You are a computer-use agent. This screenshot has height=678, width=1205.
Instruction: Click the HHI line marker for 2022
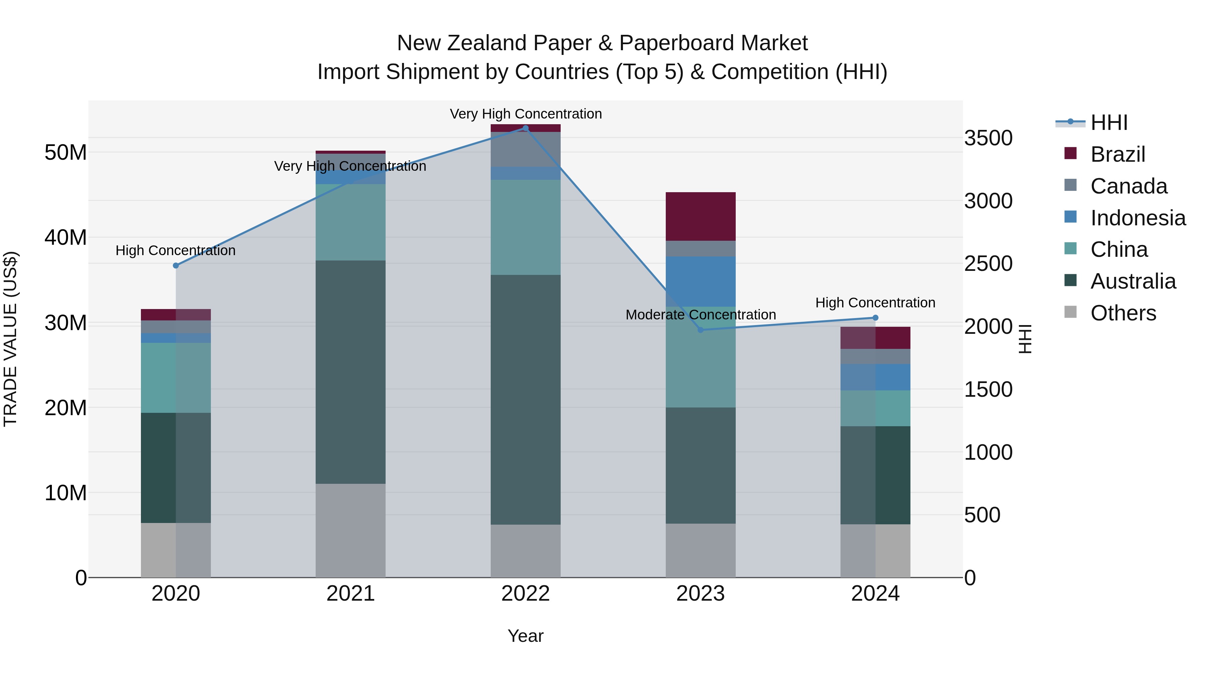[525, 128]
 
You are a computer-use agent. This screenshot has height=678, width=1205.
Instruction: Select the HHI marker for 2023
[700, 330]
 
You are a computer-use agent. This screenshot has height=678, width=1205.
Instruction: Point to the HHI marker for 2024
[875, 318]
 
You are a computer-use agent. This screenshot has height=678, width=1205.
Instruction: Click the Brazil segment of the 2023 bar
[700, 216]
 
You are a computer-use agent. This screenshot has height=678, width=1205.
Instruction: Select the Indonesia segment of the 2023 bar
[700, 281]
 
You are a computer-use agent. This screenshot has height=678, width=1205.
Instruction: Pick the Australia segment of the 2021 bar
[350, 372]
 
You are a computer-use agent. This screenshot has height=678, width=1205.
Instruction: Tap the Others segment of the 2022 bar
[525, 551]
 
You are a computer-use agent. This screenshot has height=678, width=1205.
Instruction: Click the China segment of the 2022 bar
[525, 227]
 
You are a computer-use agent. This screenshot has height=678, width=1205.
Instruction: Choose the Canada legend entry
[1128, 186]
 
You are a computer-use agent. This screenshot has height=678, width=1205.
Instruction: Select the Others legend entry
[1123, 313]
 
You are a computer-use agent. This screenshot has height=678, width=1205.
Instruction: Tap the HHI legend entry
[1109, 123]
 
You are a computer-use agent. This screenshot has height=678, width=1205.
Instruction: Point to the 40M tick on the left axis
[66, 238]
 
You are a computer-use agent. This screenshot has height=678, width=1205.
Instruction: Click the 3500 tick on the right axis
[988, 139]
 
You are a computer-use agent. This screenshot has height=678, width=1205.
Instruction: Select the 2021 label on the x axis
[350, 594]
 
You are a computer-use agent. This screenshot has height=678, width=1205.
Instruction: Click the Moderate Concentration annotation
[700, 315]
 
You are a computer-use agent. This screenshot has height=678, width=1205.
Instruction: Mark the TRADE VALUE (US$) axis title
[11, 339]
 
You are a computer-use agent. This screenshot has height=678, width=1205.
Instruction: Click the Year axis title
[525, 636]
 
